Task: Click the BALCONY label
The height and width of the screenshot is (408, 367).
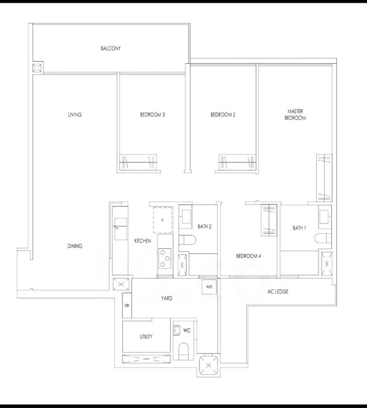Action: pyautogui.click(x=111, y=48)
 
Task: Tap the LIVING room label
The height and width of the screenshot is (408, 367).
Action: pyautogui.click(x=75, y=114)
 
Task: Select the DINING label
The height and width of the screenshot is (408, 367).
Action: pyautogui.click(x=75, y=246)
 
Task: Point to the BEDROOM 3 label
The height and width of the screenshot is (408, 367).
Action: pyautogui.click(x=152, y=114)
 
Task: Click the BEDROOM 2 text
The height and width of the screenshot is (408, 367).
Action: pyautogui.click(x=223, y=114)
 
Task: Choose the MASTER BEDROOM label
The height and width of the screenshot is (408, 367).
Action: pyautogui.click(x=295, y=114)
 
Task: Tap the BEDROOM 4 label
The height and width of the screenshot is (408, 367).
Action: pyautogui.click(x=248, y=256)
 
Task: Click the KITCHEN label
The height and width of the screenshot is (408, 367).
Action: pyautogui.click(x=143, y=241)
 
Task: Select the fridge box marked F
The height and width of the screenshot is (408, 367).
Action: pyautogui.click(x=162, y=220)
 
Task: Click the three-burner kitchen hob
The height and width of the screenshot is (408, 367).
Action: pyautogui.click(x=164, y=258)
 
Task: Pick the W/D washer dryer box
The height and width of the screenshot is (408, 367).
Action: pyautogui.click(x=209, y=287)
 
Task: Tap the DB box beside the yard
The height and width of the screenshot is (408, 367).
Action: pyautogui.click(x=127, y=306)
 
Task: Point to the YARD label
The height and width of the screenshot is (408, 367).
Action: pyautogui.click(x=167, y=298)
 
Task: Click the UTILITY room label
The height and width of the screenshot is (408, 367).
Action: pyautogui.click(x=146, y=337)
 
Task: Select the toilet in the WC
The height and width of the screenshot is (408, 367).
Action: pyautogui.click(x=184, y=351)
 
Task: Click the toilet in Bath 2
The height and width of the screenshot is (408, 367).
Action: pyautogui.click(x=187, y=240)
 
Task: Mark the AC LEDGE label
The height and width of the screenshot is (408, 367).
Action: pyautogui.click(x=278, y=292)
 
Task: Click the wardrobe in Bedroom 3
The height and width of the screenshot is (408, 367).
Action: pyautogui.click(x=138, y=162)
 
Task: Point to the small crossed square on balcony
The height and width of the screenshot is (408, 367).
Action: pyautogui.click(x=36, y=68)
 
